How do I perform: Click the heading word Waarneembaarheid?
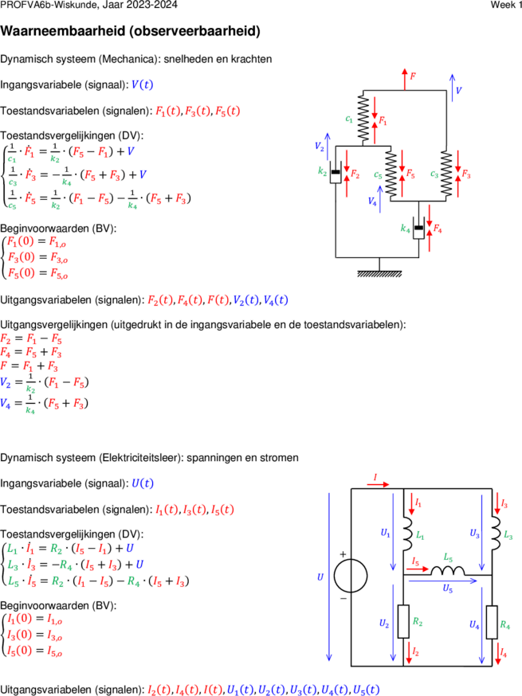click(x=63, y=31)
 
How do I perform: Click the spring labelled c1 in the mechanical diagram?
click(x=363, y=118)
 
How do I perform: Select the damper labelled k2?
click(x=336, y=172)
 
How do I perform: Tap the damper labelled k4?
click(x=418, y=229)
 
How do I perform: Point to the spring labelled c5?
click(x=391, y=174)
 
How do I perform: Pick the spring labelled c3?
click(x=446, y=174)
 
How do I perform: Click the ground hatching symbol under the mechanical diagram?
click(x=379, y=273)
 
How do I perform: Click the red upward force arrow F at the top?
click(x=404, y=79)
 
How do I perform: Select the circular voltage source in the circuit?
click(x=351, y=576)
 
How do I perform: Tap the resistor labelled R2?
click(x=403, y=621)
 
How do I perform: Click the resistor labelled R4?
click(x=492, y=622)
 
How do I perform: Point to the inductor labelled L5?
click(x=448, y=571)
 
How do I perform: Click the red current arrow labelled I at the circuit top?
click(x=378, y=484)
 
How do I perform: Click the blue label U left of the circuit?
click(x=320, y=577)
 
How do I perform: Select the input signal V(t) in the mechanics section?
click(x=142, y=84)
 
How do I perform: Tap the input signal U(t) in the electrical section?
click(x=143, y=483)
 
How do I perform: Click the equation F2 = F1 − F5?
click(x=31, y=339)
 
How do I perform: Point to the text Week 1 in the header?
click(x=506, y=5)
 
